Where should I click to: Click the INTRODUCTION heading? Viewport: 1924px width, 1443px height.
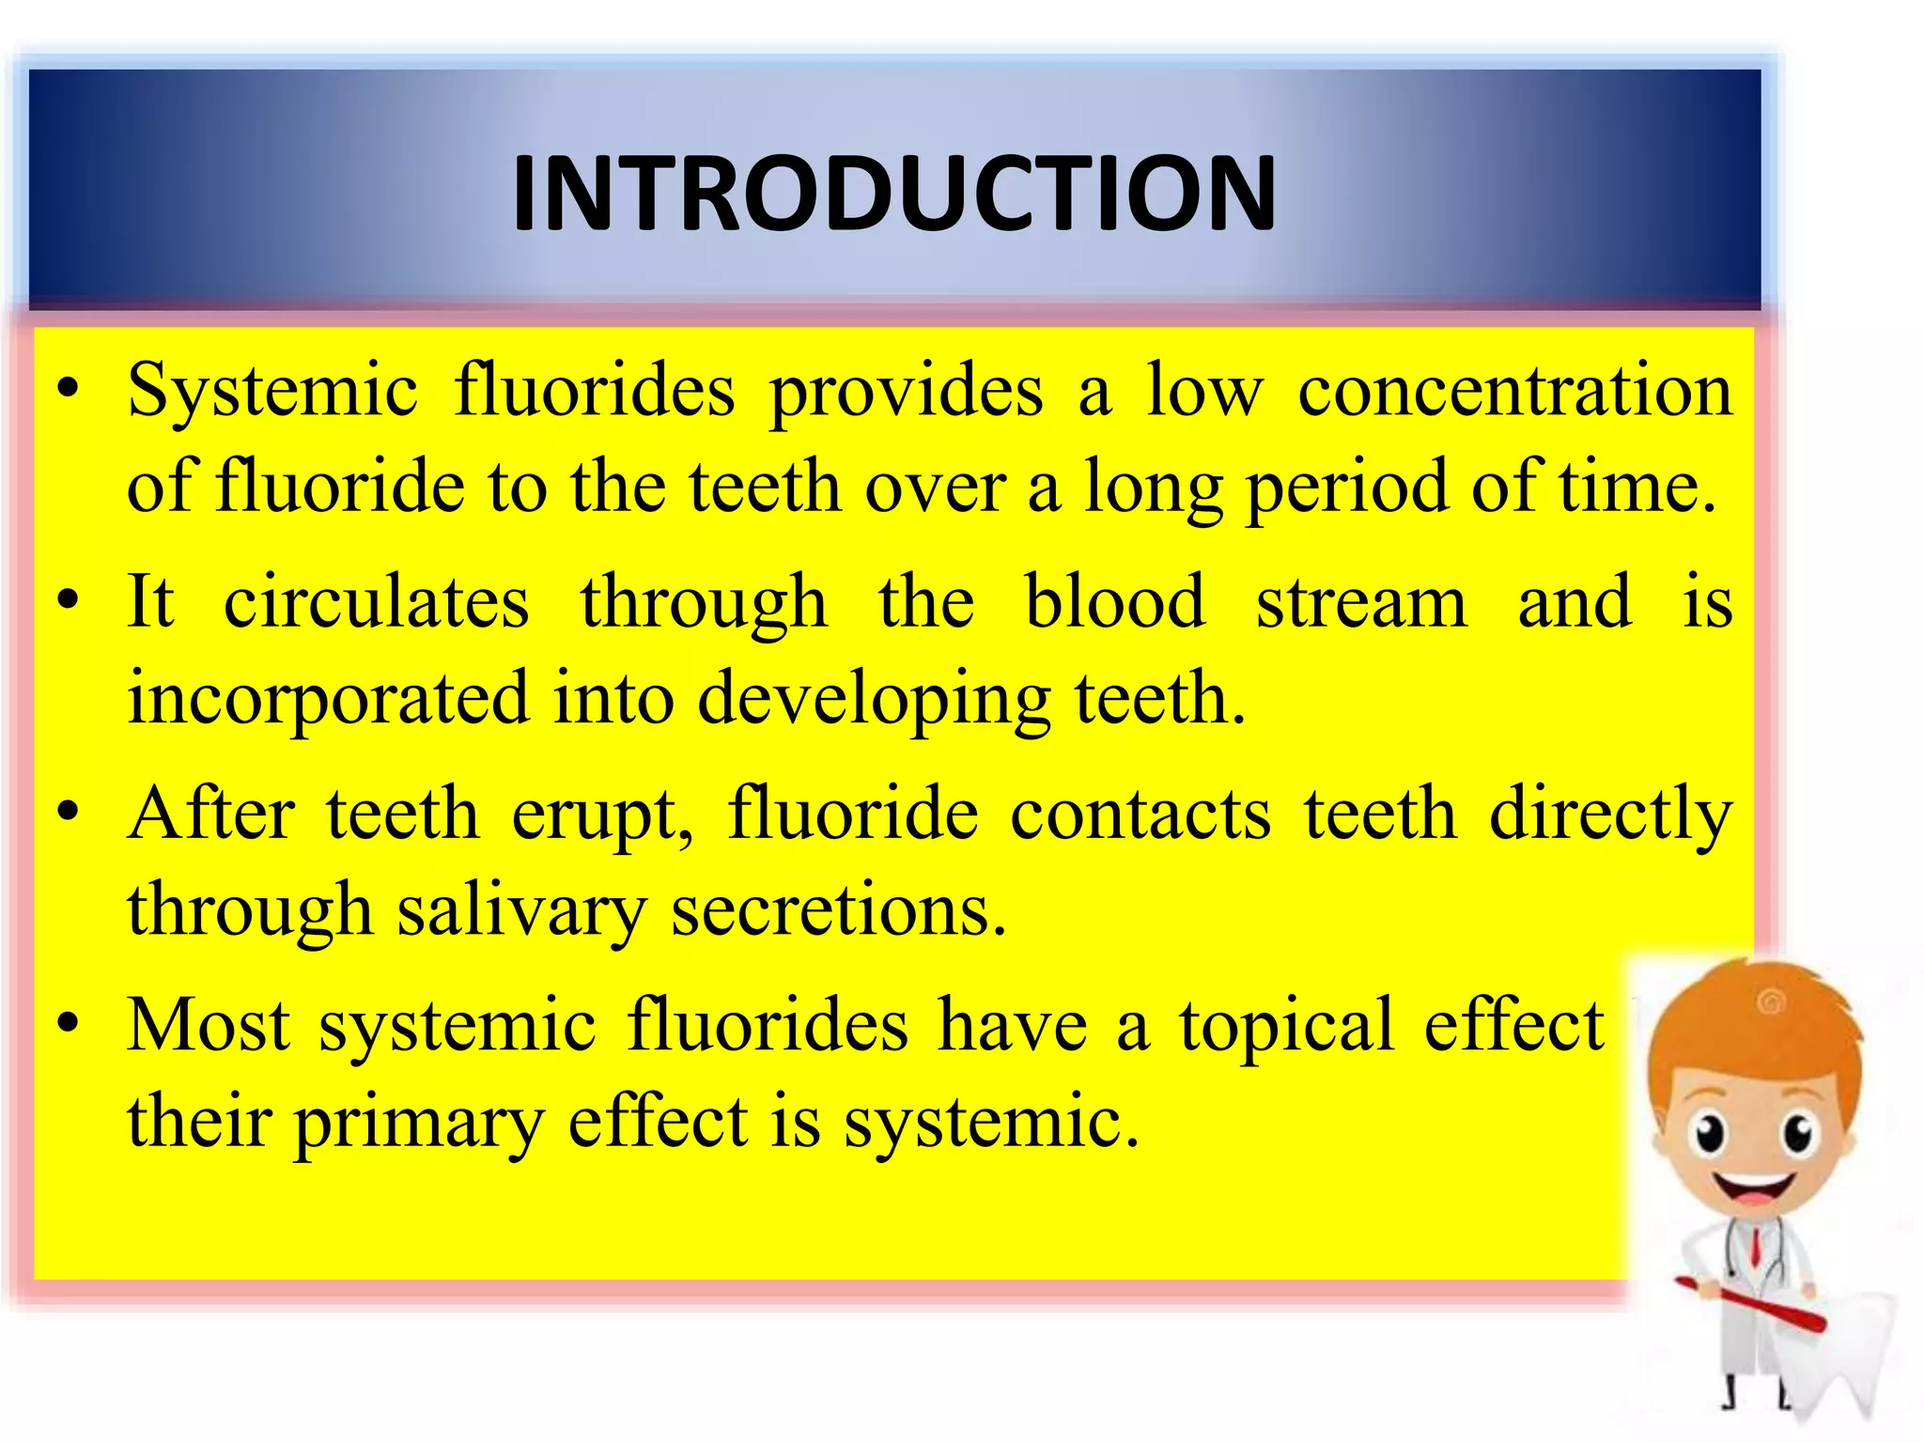(893, 194)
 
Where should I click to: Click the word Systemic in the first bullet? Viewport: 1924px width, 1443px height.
(272, 390)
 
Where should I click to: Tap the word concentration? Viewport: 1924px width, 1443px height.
(1514, 390)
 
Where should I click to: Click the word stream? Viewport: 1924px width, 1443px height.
(1361, 603)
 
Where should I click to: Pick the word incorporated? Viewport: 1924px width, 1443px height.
(328, 699)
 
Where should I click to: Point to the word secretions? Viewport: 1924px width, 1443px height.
(838, 911)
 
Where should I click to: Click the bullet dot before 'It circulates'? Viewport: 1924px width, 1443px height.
(68, 600)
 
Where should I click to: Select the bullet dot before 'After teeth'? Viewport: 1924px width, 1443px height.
(68, 812)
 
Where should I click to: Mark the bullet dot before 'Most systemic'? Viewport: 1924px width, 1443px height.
(68, 1023)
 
